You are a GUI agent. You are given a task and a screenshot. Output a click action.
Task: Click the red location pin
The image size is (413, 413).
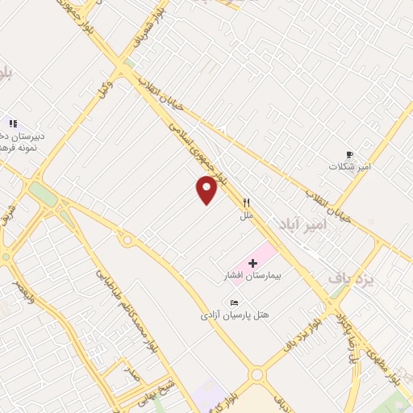[207, 189]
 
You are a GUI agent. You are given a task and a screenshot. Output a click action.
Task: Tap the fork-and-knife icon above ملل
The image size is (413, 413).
[247, 202]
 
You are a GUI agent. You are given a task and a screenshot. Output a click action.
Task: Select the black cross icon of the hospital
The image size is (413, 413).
[253, 263]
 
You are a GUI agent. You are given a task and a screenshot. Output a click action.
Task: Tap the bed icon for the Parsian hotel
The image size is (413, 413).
[235, 302]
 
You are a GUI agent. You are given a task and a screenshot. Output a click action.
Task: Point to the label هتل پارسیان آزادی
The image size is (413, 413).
[235, 315]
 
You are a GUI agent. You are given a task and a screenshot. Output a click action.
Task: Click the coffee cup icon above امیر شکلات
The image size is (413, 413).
[349, 153]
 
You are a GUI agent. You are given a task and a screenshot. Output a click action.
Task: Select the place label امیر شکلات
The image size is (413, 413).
[349, 166]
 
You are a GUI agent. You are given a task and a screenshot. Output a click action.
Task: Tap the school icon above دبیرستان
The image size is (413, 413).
[12, 123]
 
